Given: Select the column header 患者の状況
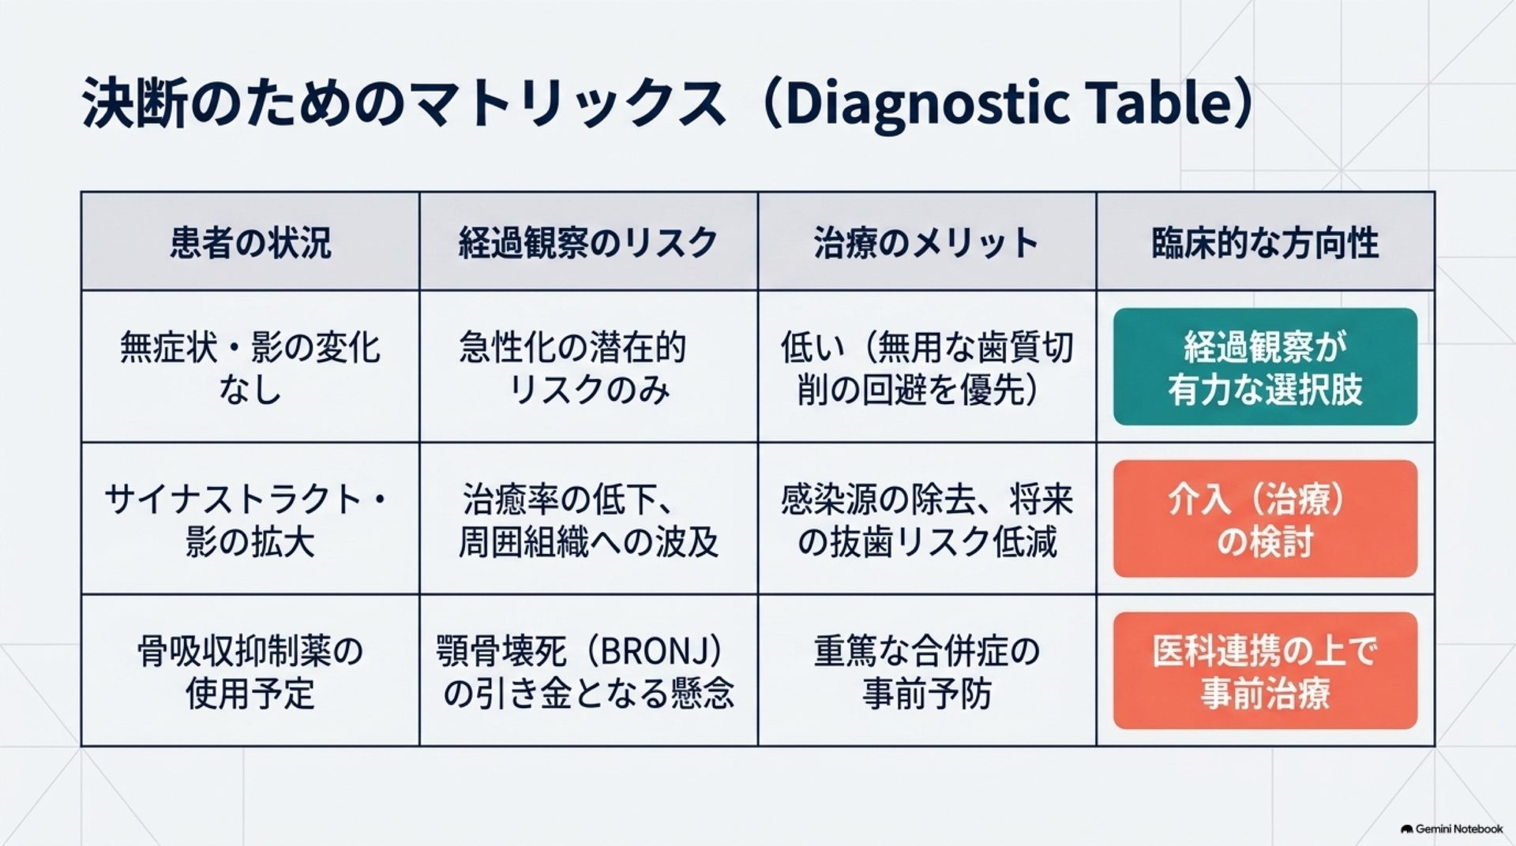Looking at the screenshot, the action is point(250,242).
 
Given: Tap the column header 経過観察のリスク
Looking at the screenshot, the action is point(588,242).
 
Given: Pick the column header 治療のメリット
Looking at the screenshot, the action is point(926,242).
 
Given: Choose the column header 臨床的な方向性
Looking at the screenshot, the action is point(1265,242).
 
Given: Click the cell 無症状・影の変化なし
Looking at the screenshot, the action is point(250,368).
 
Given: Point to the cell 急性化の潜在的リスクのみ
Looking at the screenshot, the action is point(573,368).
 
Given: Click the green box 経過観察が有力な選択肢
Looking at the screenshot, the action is point(1265,367).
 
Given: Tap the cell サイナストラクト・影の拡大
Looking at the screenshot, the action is point(246,520).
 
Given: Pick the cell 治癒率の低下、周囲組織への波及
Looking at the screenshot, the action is point(588,520).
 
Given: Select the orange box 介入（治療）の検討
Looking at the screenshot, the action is point(1265,518).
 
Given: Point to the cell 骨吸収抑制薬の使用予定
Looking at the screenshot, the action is point(250,672).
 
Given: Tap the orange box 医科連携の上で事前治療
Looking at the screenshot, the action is point(1265,671).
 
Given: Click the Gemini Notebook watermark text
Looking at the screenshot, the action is point(1459,829).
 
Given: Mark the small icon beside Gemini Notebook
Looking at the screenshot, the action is point(1406,829).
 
